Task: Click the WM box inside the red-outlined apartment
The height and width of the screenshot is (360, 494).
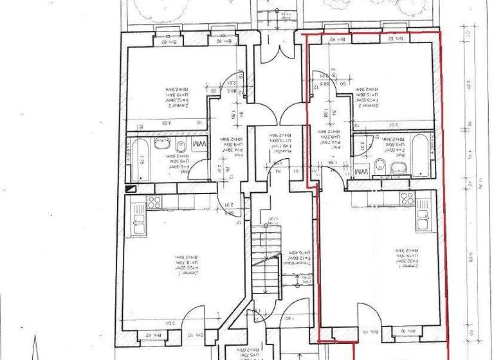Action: [x=361, y=172]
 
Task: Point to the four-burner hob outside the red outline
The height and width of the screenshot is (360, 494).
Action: [x=154, y=203]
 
